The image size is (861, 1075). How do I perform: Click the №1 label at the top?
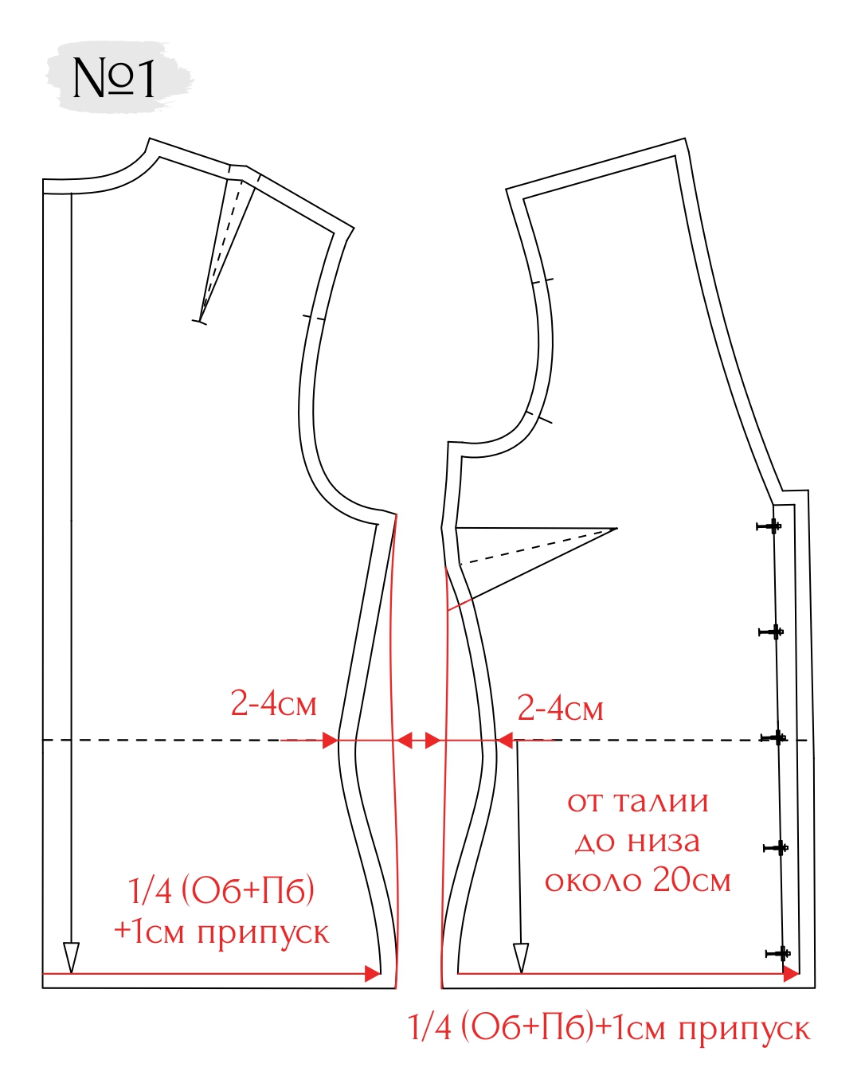point(113,78)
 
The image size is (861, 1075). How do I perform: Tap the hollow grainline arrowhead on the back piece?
point(72,957)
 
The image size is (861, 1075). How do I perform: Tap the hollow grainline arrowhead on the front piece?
point(521,957)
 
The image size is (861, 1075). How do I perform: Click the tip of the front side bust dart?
point(617,528)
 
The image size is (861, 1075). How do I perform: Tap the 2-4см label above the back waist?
point(273,704)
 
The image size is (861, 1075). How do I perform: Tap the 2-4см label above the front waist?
point(560,708)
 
